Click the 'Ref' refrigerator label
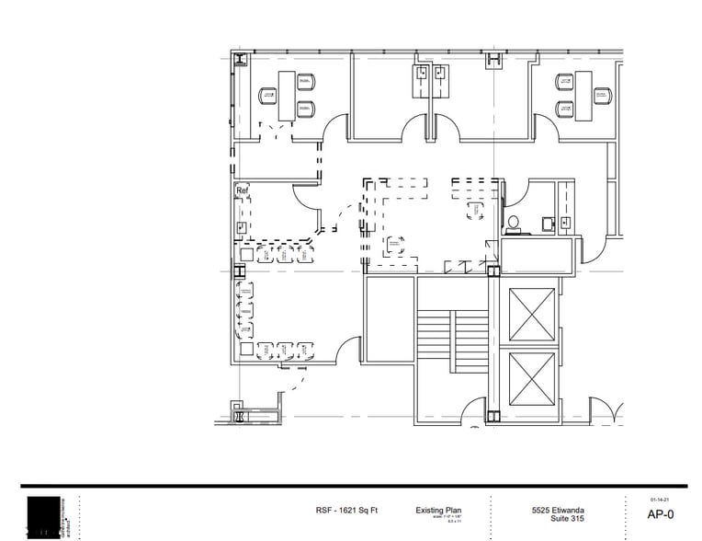tap(243, 191)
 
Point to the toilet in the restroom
tap(512, 223)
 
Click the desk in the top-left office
tap(287, 94)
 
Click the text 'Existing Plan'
tap(438, 511)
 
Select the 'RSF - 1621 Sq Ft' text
tap(346, 511)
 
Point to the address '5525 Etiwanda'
tap(558, 511)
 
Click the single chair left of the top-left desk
tap(267, 94)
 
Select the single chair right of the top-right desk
tap(603, 94)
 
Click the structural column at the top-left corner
tap(241, 61)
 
